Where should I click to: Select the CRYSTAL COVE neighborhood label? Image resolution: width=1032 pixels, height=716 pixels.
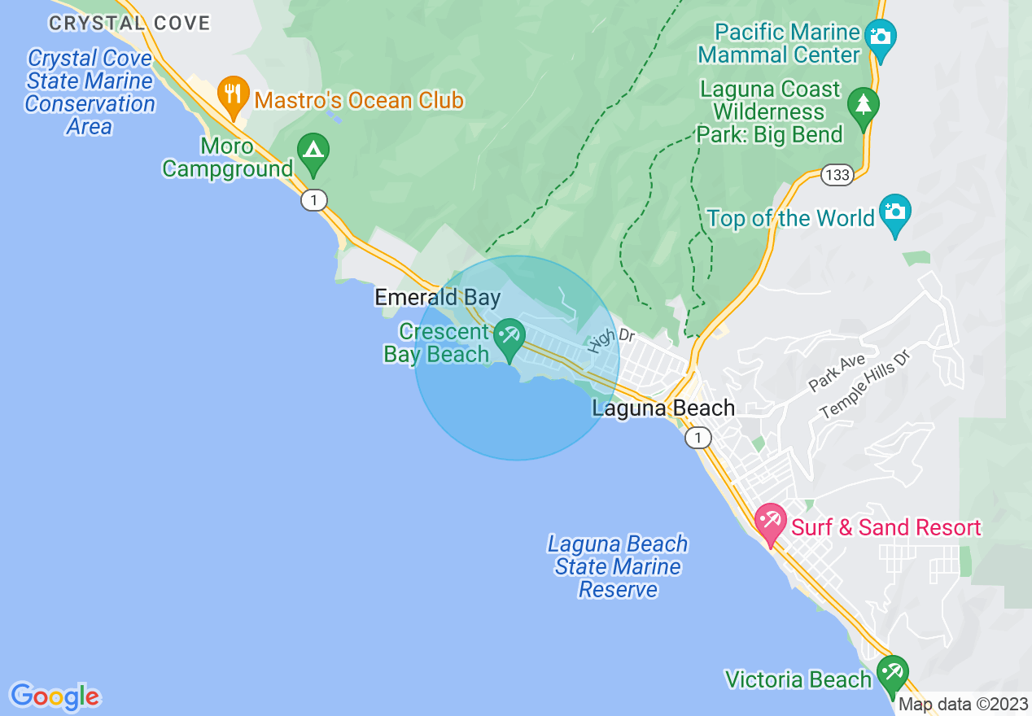[x=129, y=23]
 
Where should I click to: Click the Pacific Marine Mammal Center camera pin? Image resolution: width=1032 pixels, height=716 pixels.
[x=880, y=38]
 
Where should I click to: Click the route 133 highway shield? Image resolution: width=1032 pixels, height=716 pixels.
[x=837, y=175]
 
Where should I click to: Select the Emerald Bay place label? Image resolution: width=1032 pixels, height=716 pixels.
[x=437, y=298]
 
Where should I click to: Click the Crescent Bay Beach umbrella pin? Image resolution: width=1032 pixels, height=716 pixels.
[x=510, y=337]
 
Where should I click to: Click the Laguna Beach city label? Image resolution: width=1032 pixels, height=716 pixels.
[x=663, y=408]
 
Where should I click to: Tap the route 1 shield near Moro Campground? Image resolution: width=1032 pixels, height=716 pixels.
[x=313, y=200]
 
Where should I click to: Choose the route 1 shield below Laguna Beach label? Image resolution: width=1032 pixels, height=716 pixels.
[x=697, y=439]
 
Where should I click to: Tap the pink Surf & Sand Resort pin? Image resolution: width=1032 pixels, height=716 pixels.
[x=770, y=522]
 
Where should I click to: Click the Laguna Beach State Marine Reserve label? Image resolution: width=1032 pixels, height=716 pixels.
[x=618, y=566]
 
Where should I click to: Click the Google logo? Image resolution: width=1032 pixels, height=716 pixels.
[x=55, y=696]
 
